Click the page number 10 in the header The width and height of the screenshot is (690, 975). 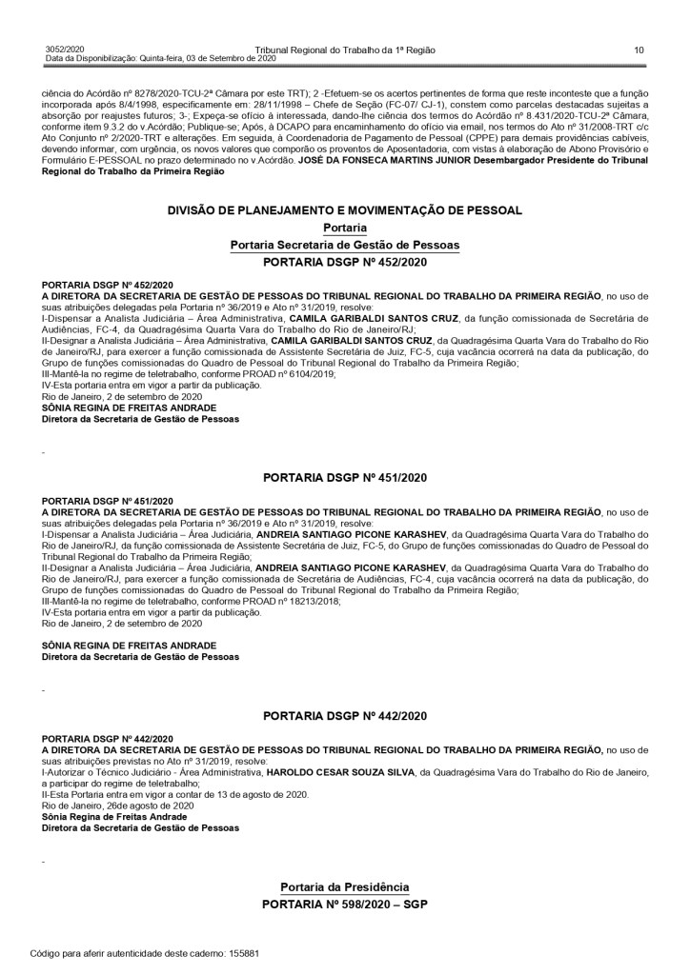pos(639,50)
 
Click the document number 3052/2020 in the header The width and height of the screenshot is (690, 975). pos(64,50)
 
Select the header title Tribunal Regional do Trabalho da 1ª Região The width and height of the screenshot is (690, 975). pos(345,50)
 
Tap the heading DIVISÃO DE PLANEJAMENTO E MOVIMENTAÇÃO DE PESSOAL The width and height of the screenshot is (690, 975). pos(345,209)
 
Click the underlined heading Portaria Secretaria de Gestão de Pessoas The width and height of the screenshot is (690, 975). pos(345,245)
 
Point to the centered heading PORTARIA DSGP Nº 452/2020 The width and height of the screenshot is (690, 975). pos(345,260)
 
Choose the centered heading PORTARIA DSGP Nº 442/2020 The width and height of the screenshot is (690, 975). pos(345,714)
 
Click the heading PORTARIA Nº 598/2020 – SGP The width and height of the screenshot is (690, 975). pos(345,902)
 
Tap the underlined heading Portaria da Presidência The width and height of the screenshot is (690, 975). pos(345,886)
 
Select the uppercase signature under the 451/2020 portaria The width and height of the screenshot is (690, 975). pos(121,646)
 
